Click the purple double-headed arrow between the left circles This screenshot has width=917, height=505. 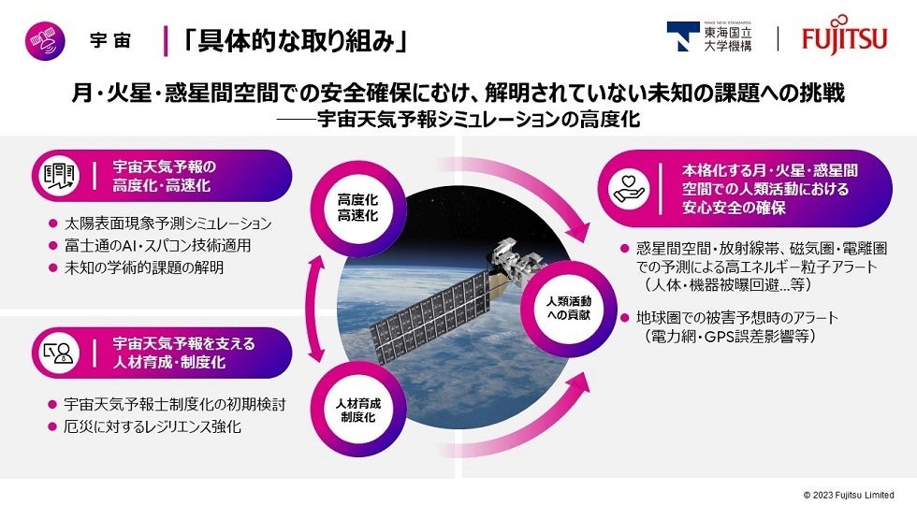[317, 309]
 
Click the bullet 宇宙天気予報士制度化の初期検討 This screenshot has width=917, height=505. [167, 405]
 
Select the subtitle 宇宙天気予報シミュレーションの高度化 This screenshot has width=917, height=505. [482, 121]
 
